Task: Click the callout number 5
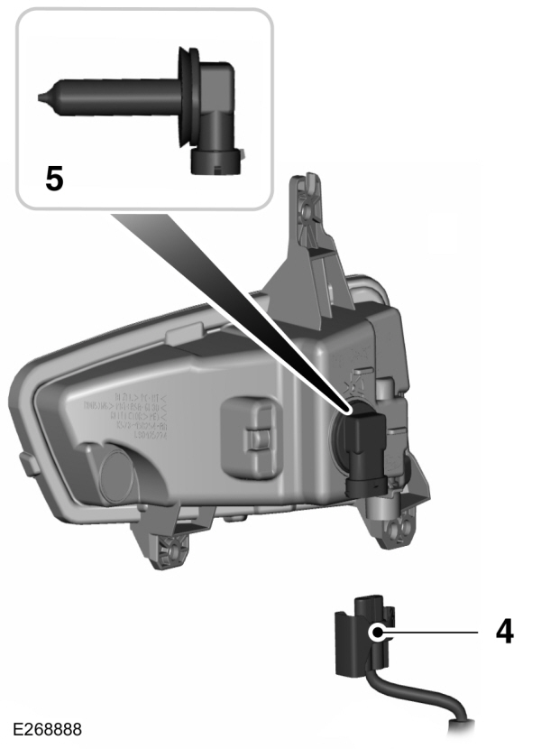coord(55,178)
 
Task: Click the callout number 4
coord(504,631)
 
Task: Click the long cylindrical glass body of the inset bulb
coord(108,94)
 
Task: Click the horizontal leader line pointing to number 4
coord(442,632)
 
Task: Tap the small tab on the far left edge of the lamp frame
coord(22,459)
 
